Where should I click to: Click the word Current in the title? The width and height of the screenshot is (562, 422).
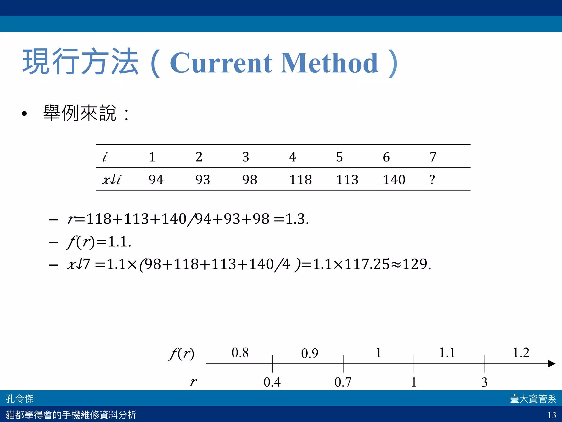coord(221,63)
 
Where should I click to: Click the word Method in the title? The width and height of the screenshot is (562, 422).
coord(329,63)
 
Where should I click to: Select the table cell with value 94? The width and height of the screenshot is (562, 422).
coord(156,180)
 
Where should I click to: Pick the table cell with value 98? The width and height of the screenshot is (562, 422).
coord(249,180)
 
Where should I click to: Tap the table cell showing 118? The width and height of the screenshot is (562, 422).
coord(300,180)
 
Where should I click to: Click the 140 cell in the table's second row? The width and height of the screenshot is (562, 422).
coord(394,180)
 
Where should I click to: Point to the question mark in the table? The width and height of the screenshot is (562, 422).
coord(432,180)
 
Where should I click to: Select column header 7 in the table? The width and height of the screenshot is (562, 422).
coord(433,157)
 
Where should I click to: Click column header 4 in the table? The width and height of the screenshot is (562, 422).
coord(293,157)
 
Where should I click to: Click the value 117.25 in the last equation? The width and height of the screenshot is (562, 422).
coord(367,264)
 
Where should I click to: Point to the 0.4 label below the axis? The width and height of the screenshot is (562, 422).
coord(272,382)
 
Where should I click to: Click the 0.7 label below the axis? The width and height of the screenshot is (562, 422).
coord(343,382)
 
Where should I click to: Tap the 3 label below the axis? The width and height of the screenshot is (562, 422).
coord(484,382)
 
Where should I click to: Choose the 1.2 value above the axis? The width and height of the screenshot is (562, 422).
coord(521,352)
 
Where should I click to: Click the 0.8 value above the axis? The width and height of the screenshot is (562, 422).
coord(240,352)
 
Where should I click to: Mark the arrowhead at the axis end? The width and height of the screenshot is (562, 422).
coord(551,364)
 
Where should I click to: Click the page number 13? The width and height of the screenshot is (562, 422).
coord(552,415)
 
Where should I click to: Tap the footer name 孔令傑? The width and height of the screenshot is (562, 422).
coord(20,399)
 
